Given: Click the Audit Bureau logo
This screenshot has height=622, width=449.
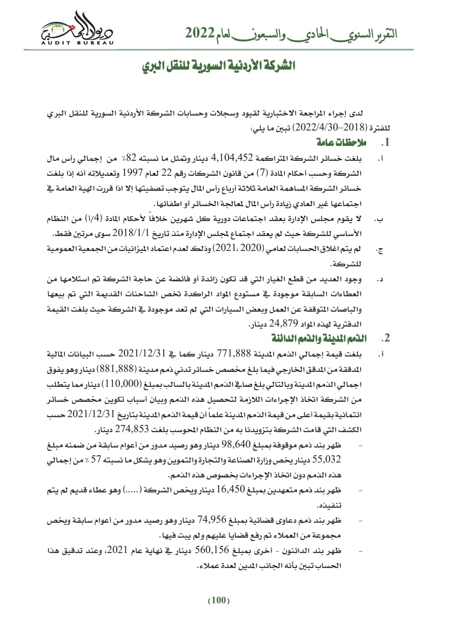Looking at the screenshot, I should point(77,29).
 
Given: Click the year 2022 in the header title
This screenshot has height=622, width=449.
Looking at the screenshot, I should point(200,33).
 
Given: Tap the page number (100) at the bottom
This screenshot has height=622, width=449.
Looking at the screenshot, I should point(219,600).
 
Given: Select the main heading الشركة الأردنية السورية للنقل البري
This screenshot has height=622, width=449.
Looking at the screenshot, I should point(219,66).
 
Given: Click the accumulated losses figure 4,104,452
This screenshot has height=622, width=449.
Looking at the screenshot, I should point(232,158).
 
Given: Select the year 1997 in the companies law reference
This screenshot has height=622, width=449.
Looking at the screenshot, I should point(133,173).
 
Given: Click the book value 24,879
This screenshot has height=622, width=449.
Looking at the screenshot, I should point(284,324).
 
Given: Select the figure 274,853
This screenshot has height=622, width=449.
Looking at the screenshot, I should point(132,429).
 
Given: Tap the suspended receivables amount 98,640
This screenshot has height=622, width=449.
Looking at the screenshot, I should point(236,445).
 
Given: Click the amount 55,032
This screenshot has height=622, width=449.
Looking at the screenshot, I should point(326,460).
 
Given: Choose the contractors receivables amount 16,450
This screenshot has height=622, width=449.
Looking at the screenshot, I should point(231,490).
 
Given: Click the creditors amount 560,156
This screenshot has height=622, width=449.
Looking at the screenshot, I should point(212,550).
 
